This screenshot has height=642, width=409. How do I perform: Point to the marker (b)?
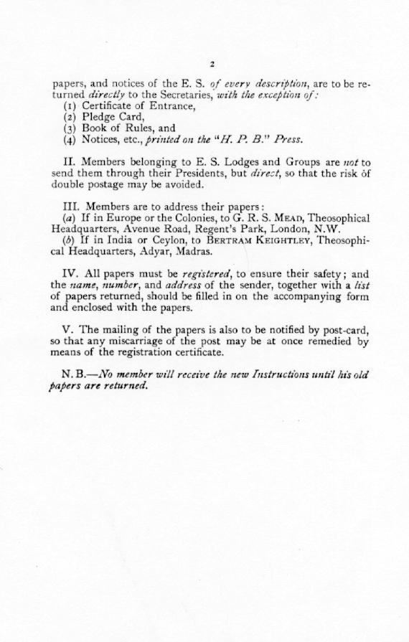(70, 241)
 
